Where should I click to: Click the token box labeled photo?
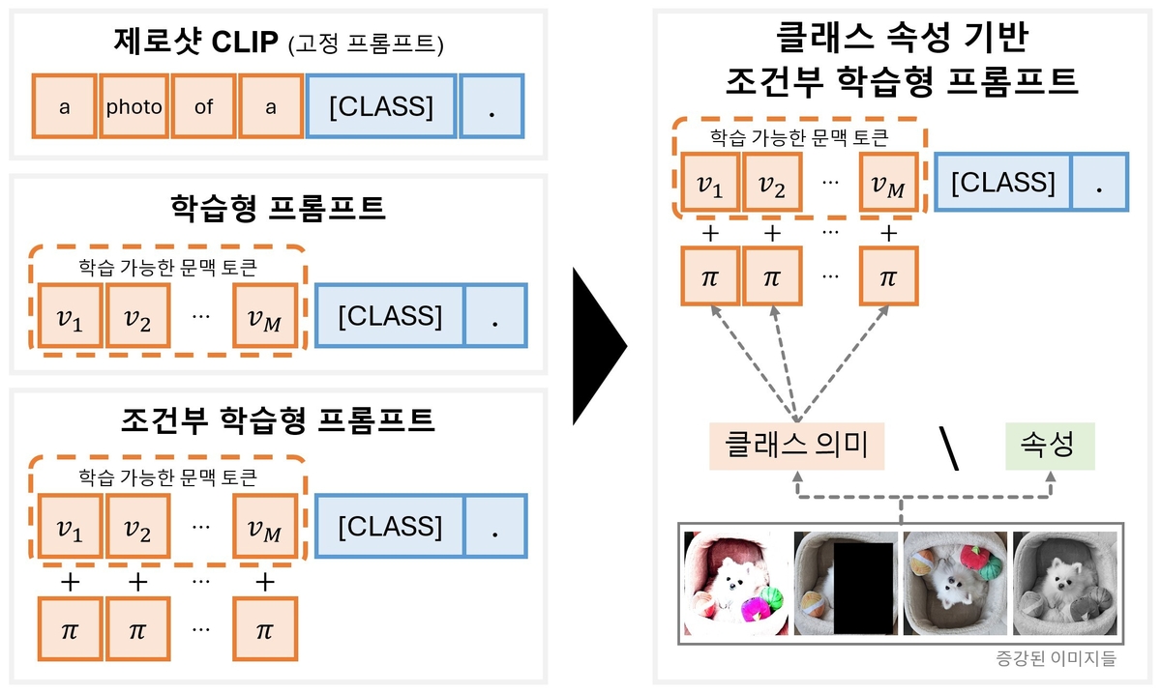point(134,107)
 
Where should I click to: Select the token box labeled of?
point(203,107)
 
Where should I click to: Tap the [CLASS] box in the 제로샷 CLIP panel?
point(380,107)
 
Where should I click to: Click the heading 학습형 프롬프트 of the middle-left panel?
point(277,208)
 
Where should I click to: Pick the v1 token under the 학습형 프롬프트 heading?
point(70,316)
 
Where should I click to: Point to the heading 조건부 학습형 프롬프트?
point(278,419)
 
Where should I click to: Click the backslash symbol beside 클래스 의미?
point(949,448)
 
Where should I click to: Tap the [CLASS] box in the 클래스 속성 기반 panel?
point(1002,182)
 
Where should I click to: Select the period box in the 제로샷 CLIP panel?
point(491,107)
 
